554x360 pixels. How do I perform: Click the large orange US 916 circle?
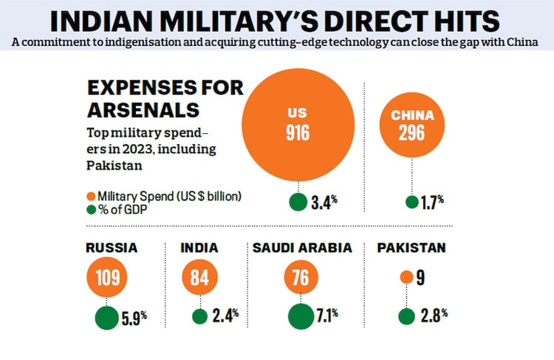pyautogui.click(x=298, y=123)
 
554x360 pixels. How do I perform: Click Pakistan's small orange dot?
pyautogui.click(x=406, y=277)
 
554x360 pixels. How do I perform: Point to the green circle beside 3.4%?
pyautogui.click(x=298, y=201)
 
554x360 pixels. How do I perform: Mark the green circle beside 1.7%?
pyautogui.click(x=411, y=201)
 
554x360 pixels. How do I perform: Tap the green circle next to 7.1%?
pyautogui.click(x=301, y=317)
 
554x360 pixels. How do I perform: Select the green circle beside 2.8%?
pyautogui.click(x=406, y=316)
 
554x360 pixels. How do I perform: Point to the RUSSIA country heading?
pyautogui.click(x=112, y=248)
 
